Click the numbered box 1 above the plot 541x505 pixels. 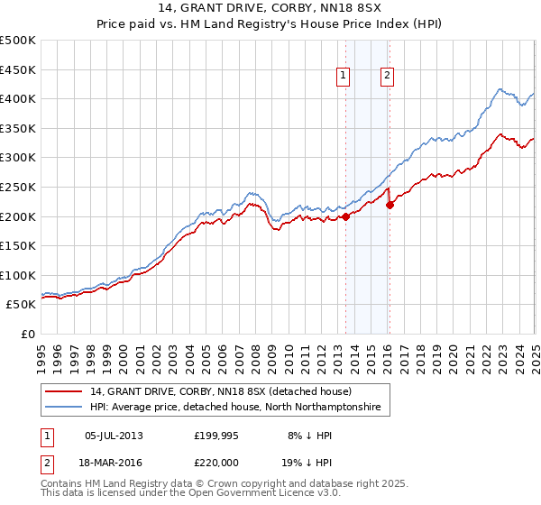click(x=344, y=77)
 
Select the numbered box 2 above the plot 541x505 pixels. click(x=387, y=77)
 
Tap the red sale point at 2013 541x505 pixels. click(x=345, y=216)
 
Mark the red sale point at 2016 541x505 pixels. click(x=390, y=205)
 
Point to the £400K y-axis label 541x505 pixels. click(x=18, y=98)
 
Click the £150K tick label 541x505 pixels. click(x=18, y=245)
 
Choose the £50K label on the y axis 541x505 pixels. click(x=22, y=305)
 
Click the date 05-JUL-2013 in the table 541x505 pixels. click(x=113, y=436)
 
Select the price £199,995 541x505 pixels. click(x=216, y=436)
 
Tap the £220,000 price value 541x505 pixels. click(x=216, y=463)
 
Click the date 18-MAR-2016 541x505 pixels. click(x=113, y=463)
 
